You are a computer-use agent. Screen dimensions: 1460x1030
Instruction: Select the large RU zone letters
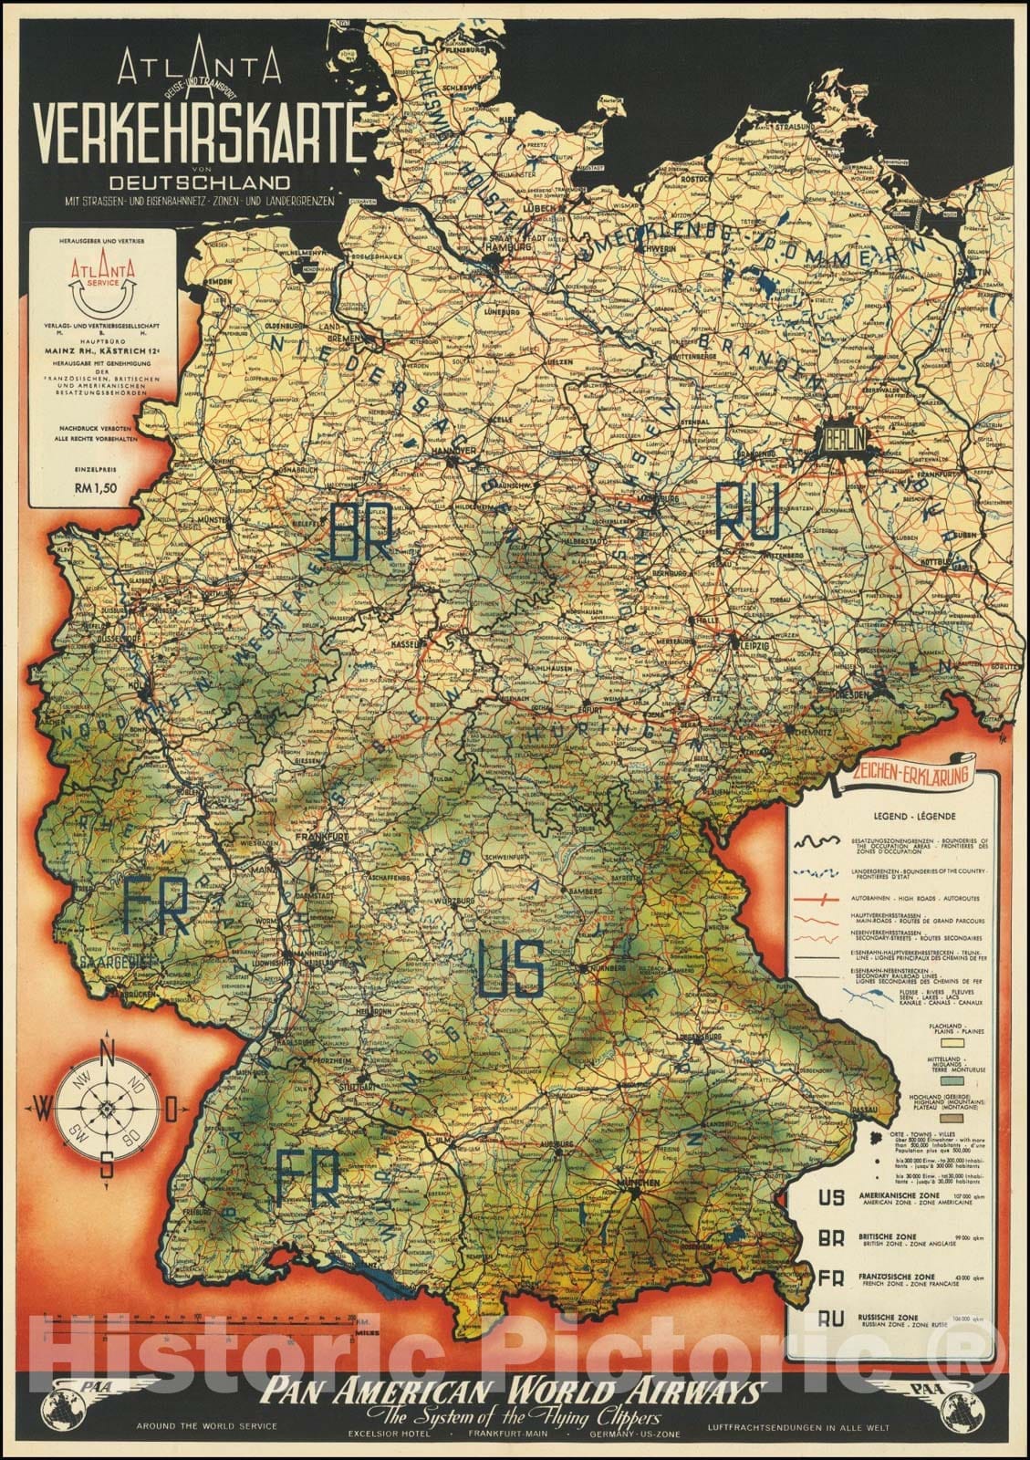(x=747, y=510)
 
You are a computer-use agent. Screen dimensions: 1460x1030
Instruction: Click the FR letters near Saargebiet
(x=157, y=906)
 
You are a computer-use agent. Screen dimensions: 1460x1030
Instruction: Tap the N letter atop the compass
(x=107, y=1050)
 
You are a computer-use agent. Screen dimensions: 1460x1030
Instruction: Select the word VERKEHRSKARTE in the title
(x=193, y=137)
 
